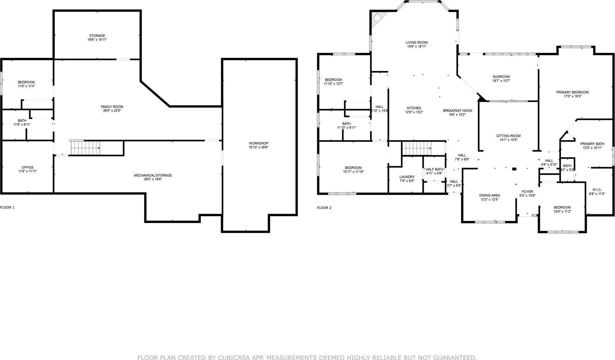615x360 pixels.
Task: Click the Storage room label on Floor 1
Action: (x=97, y=36)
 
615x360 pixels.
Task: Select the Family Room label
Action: (x=112, y=106)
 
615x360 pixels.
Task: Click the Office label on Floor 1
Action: (x=27, y=167)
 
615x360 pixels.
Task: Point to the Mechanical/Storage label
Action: (x=153, y=175)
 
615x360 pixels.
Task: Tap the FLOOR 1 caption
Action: (x=7, y=207)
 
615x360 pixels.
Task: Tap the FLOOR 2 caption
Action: (x=324, y=208)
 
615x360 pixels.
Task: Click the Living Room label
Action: (x=417, y=43)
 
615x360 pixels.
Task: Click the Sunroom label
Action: (x=501, y=76)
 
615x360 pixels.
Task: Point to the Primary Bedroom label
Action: (x=572, y=92)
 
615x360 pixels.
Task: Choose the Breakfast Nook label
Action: (x=457, y=111)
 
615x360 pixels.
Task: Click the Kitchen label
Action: (x=414, y=108)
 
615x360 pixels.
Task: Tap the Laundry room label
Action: (x=407, y=177)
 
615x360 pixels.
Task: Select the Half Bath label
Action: (x=434, y=169)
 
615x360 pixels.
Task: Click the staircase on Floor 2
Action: (x=417, y=148)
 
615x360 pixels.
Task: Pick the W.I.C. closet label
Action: (x=597, y=189)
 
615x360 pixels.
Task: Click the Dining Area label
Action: (x=489, y=195)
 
